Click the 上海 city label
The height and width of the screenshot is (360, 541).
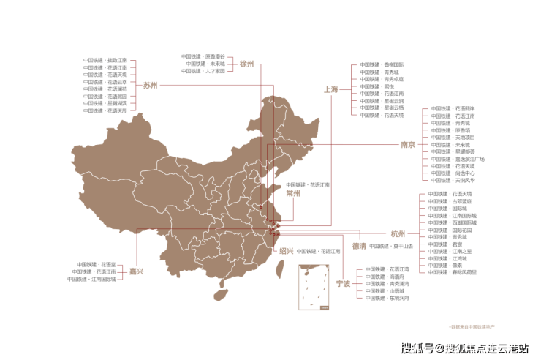pos(331,89)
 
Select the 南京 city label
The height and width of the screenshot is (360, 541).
pos(408,144)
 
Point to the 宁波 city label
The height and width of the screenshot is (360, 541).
pos(343,282)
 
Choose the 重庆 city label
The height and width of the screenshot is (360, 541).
pos(136,271)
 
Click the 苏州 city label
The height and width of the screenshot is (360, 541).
pos(150,85)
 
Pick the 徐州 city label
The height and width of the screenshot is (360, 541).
pos(246,64)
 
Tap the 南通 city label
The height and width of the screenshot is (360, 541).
pos(293,194)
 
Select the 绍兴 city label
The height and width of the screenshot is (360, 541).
pos(286,250)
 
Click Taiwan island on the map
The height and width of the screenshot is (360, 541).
pos(279,270)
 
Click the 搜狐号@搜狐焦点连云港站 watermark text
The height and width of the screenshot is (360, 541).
pos(464,347)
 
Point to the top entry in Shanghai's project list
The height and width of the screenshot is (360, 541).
pos(382,64)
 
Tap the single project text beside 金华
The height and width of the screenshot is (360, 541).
pos(391,247)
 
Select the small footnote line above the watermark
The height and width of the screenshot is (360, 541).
pos(472,324)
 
